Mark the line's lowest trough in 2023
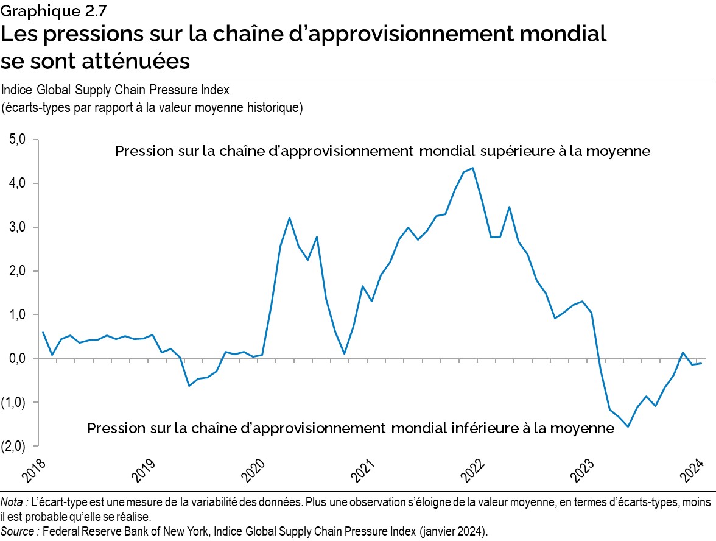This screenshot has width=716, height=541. click(628, 426)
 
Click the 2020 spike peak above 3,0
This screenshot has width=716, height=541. click(289, 217)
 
